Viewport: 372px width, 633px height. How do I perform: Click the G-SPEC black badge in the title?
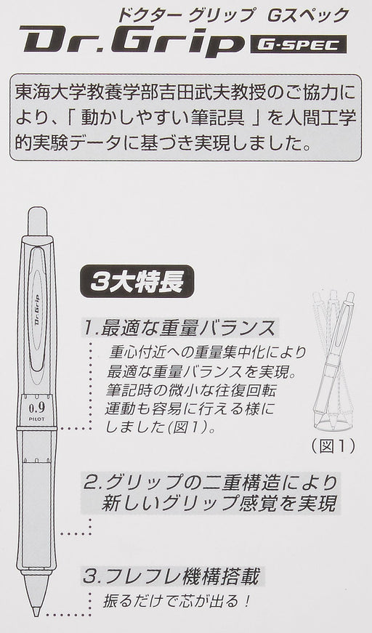[298, 44]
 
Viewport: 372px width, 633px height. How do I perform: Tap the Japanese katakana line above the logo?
[232, 15]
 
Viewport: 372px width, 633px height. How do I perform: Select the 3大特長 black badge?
[137, 281]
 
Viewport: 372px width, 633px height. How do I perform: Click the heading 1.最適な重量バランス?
[180, 328]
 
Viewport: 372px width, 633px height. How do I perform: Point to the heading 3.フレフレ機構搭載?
[171, 576]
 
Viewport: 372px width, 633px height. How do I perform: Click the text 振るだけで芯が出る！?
[177, 602]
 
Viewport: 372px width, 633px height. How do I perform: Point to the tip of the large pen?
[36, 616]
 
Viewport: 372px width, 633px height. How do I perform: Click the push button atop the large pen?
[37, 221]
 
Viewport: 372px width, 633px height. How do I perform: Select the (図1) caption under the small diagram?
[333, 446]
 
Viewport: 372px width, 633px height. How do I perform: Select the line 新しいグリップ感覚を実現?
[219, 504]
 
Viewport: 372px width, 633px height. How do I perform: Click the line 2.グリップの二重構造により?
[211, 483]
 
